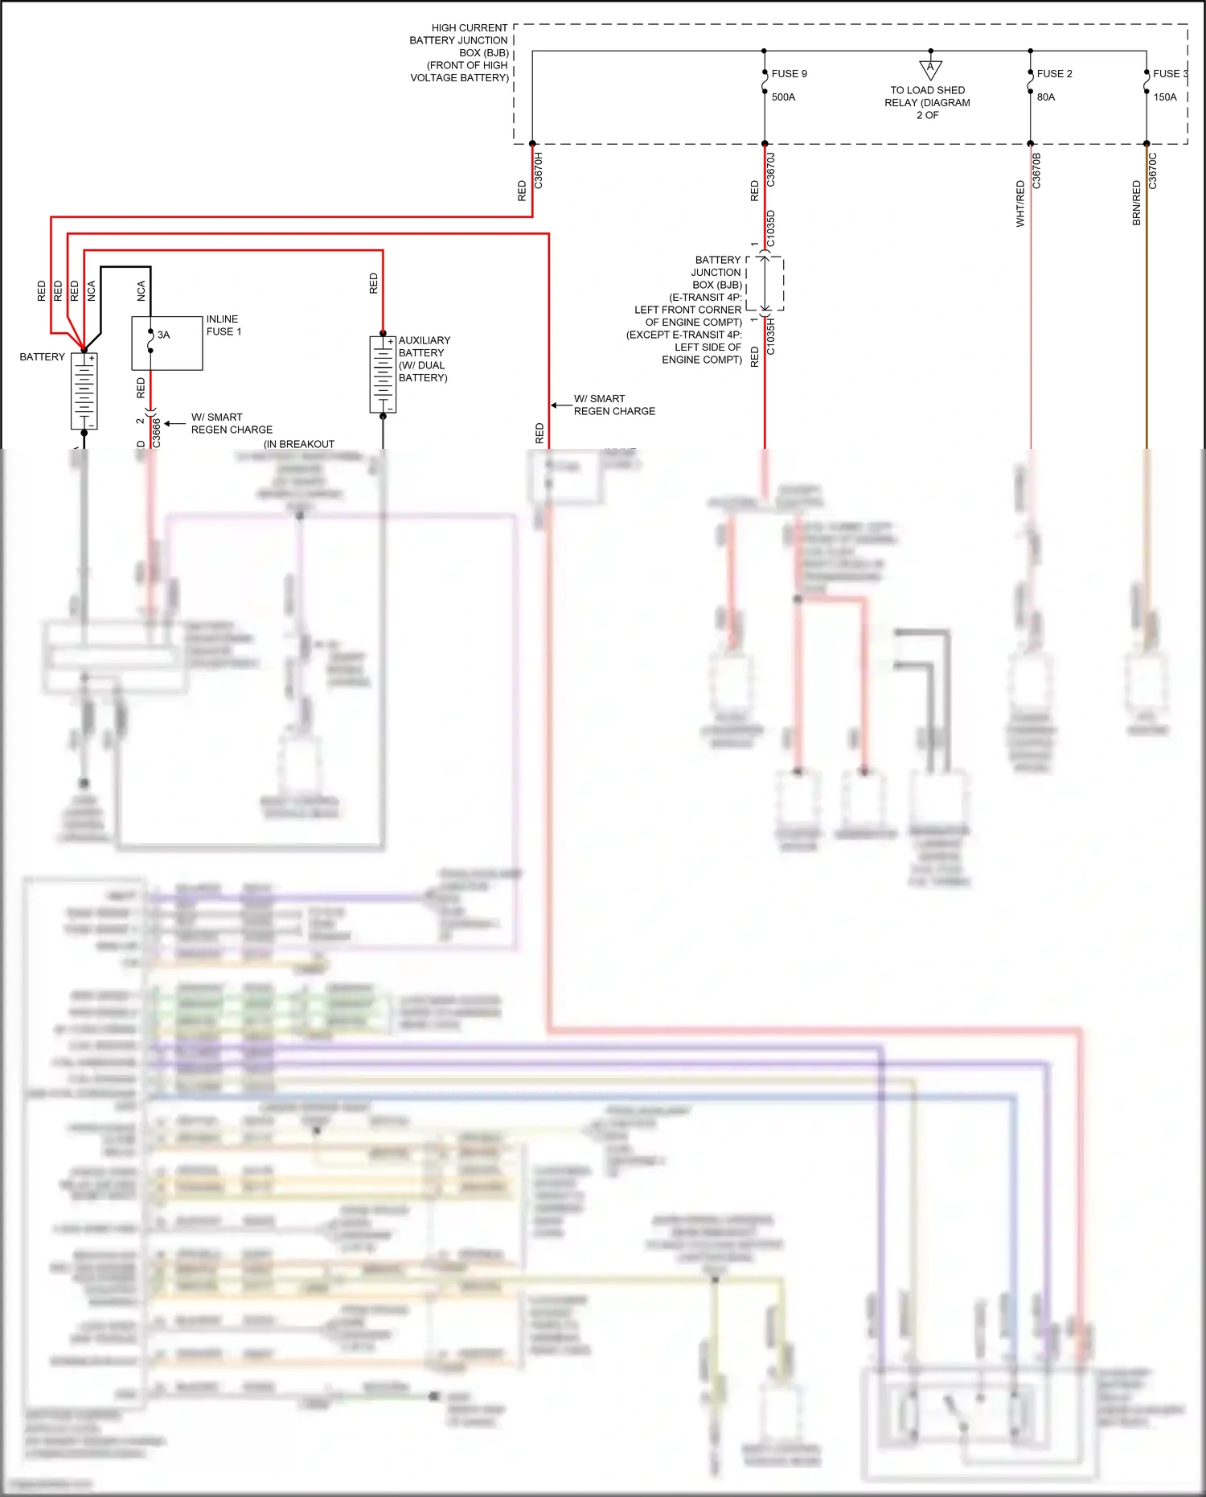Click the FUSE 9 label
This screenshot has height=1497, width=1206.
(789, 74)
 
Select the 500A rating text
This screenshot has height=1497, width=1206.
(783, 97)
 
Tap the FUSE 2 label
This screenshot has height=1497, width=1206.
(1054, 74)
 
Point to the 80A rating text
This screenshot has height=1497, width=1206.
(1046, 97)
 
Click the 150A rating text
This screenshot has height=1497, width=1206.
(1164, 97)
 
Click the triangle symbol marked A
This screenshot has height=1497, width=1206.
(930, 68)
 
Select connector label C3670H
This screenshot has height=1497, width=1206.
(539, 171)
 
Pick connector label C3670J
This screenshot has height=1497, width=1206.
(771, 171)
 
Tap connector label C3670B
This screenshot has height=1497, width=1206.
(1036, 171)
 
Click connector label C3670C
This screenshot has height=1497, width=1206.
(1153, 171)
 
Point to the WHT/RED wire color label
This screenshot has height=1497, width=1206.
(1020, 204)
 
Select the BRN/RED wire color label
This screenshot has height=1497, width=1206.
(1137, 203)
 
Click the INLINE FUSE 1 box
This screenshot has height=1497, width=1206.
(167, 343)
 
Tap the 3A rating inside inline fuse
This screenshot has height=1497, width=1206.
(163, 335)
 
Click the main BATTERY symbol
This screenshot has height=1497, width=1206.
(84, 392)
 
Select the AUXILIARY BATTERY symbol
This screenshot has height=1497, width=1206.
(383, 375)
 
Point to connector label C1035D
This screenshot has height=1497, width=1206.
(771, 228)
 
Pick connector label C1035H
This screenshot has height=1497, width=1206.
(771, 336)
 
